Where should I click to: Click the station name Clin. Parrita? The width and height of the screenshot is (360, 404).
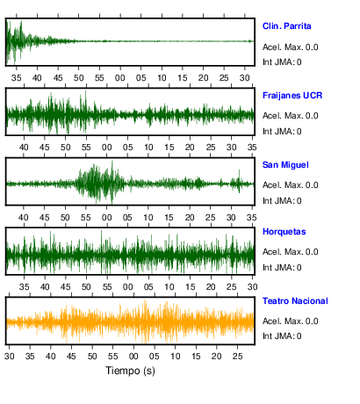(x=286, y=26)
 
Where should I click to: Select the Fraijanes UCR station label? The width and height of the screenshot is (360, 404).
(x=292, y=96)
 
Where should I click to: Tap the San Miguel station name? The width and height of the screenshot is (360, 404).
(x=285, y=165)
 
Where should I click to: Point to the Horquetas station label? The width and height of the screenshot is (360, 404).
(x=284, y=232)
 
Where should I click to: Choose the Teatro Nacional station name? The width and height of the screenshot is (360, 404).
(x=295, y=301)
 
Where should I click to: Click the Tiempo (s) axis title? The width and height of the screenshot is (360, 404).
(x=130, y=371)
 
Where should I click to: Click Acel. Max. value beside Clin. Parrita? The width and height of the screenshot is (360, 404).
(x=290, y=47)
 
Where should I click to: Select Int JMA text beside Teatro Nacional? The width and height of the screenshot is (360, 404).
(x=282, y=335)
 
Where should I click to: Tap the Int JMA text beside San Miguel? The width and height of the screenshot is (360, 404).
(x=282, y=201)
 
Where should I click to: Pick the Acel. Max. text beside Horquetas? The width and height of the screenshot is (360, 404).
(x=290, y=252)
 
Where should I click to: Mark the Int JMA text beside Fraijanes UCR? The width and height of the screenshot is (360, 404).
(x=282, y=132)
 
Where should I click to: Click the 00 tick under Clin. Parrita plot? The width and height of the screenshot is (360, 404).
(x=120, y=78)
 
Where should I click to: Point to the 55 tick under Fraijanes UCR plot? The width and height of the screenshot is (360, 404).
(x=86, y=148)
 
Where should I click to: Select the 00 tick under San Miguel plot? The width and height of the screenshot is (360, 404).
(x=106, y=218)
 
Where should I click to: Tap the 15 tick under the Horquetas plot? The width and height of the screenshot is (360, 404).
(x=190, y=287)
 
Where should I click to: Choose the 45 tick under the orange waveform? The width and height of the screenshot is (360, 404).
(x=71, y=357)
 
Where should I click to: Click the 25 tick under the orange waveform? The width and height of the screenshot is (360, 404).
(x=237, y=357)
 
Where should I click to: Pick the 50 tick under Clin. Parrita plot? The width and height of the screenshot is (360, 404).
(x=78, y=78)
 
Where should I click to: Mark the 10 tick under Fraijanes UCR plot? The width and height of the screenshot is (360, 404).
(x=148, y=148)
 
